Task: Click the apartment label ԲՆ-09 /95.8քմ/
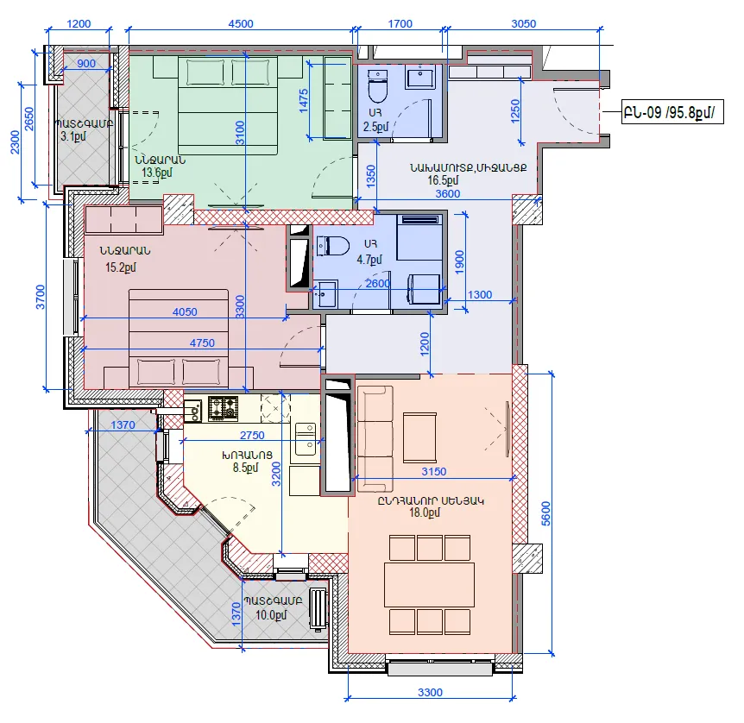tap(672, 112)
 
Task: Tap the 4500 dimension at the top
tap(241, 23)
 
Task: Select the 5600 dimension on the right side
tap(545, 513)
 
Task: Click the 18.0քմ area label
tap(425, 512)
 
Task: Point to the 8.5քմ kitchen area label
tap(245, 468)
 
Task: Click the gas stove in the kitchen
tap(223, 408)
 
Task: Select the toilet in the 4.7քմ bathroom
tap(332, 246)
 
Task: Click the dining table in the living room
tap(430, 584)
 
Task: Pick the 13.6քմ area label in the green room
tap(157, 173)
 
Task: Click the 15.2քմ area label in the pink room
tap(121, 267)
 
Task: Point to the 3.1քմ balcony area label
tap(73, 136)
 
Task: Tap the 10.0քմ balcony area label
tap(271, 615)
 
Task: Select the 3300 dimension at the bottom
tap(430, 692)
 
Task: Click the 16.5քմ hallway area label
tap(443, 180)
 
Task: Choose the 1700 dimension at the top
tap(400, 23)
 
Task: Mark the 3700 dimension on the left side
tap(41, 297)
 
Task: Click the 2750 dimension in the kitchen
tap(252, 435)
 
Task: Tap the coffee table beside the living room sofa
tap(420, 437)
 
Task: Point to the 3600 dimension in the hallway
tap(448, 193)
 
